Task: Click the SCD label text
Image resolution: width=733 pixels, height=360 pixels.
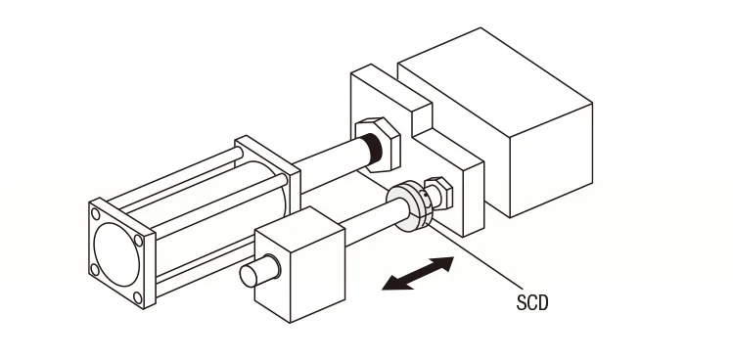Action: [x=532, y=302]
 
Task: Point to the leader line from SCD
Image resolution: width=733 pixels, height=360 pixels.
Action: [x=476, y=256]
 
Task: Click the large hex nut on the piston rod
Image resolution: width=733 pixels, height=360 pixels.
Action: [x=378, y=145]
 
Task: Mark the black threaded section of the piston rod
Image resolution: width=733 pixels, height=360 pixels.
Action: [x=373, y=149]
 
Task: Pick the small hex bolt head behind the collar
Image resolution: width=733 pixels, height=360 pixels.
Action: [x=439, y=192]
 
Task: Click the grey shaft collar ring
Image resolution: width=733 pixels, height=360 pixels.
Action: [x=408, y=206]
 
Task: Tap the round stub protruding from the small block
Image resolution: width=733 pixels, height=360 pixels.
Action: [x=259, y=271]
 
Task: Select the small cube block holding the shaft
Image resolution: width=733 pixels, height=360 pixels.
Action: [x=299, y=264]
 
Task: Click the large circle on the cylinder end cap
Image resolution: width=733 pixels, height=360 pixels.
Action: [x=116, y=254]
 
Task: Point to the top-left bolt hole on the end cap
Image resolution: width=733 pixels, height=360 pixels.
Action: [x=95, y=214]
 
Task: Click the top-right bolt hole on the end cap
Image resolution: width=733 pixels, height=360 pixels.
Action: [x=138, y=241]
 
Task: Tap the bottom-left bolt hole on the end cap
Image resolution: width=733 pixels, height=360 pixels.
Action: [x=94, y=270]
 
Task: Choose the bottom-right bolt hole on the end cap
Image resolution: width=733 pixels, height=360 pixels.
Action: [x=137, y=297]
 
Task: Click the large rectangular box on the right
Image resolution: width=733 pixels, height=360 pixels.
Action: [x=495, y=122]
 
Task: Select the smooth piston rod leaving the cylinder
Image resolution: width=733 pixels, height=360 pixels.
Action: [x=330, y=163]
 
